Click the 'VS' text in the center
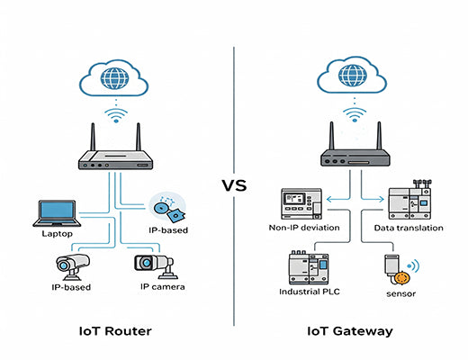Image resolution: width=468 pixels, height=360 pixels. (234, 186)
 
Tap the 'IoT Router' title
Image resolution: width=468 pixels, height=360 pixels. (117, 331)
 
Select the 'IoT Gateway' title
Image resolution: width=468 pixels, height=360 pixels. (351, 331)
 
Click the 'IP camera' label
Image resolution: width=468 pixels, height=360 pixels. (162, 287)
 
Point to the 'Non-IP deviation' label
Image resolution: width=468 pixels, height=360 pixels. (305, 229)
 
